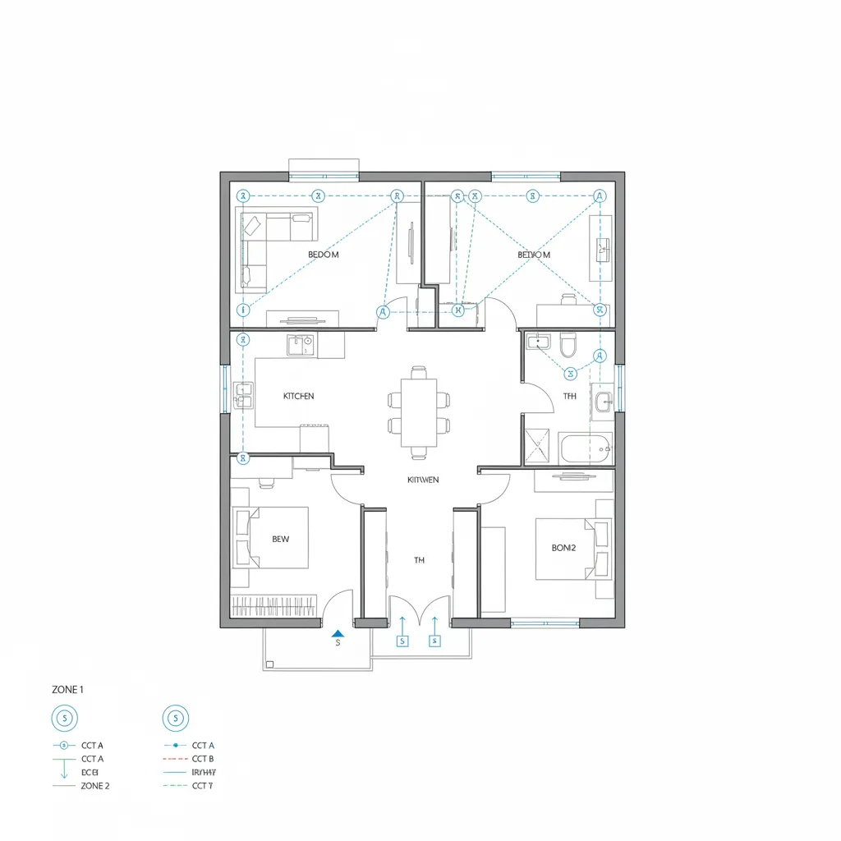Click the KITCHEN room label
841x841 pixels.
(298, 396)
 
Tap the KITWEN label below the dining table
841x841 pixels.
(423, 479)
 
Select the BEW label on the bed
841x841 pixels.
(281, 540)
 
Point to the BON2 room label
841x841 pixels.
(564, 546)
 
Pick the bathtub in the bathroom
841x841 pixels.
(586, 448)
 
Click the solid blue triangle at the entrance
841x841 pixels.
(336, 633)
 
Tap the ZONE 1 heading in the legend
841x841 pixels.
(67, 690)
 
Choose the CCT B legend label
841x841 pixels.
(203, 759)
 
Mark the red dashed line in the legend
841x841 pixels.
(175, 759)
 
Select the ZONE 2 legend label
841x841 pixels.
(95, 786)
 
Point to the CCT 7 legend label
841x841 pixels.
(203, 786)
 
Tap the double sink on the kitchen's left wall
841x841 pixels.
(243, 395)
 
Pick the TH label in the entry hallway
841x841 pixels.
(419, 560)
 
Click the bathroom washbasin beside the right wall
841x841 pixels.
(602, 402)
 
